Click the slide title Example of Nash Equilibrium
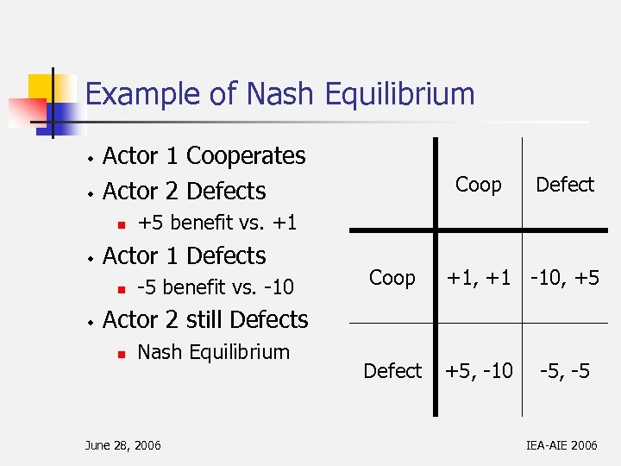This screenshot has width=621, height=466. (280, 94)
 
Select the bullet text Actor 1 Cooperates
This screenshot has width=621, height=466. (204, 156)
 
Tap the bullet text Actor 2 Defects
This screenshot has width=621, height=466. (184, 191)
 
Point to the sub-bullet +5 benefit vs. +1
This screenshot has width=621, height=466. (216, 223)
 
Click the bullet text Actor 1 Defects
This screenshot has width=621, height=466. (184, 256)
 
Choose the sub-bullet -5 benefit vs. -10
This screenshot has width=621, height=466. (216, 287)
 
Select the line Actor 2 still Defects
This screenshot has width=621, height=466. (204, 320)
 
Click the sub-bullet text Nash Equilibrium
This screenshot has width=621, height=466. (213, 352)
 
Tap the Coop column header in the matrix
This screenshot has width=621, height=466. (478, 185)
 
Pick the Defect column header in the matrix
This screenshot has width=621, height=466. (565, 185)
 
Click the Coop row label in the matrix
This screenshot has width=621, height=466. (392, 278)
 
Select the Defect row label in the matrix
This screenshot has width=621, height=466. (392, 371)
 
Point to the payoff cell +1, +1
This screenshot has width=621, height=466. (478, 278)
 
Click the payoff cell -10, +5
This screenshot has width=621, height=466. (565, 278)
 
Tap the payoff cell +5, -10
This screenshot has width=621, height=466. (478, 371)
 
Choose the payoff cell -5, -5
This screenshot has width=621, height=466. (565, 371)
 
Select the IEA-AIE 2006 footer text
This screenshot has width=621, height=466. (560, 445)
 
